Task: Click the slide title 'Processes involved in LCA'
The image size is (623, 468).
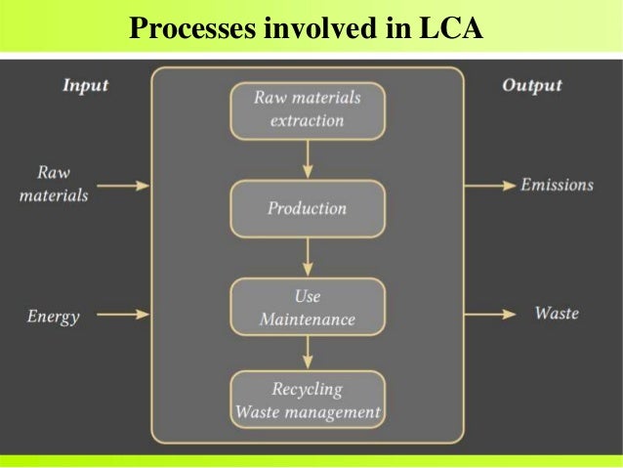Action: pyautogui.click(x=306, y=29)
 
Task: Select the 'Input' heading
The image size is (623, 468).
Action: pyautogui.click(x=85, y=85)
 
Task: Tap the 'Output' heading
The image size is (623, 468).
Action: pyautogui.click(x=531, y=85)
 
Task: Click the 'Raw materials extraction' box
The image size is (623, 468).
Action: pyautogui.click(x=308, y=109)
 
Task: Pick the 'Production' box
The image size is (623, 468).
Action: pyautogui.click(x=308, y=208)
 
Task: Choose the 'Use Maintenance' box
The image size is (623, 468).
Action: pyautogui.click(x=308, y=307)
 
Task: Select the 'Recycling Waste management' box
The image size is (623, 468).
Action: pyautogui.click(x=308, y=401)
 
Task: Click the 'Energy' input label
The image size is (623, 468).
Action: pyautogui.click(x=53, y=316)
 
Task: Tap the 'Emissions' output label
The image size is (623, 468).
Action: pyautogui.click(x=557, y=185)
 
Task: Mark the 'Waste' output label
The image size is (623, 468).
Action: pyautogui.click(x=557, y=314)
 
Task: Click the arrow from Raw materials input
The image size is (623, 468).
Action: pyautogui.click(x=125, y=185)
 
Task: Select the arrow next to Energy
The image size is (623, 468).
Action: pyautogui.click(x=125, y=315)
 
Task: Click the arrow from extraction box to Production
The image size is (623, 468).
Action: pyautogui.click(x=308, y=159)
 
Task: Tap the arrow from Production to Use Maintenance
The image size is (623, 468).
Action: pyautogui.click(x=308, y=257)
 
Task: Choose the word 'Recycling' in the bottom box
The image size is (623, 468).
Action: pyautogui.click(x=307, y=390)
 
